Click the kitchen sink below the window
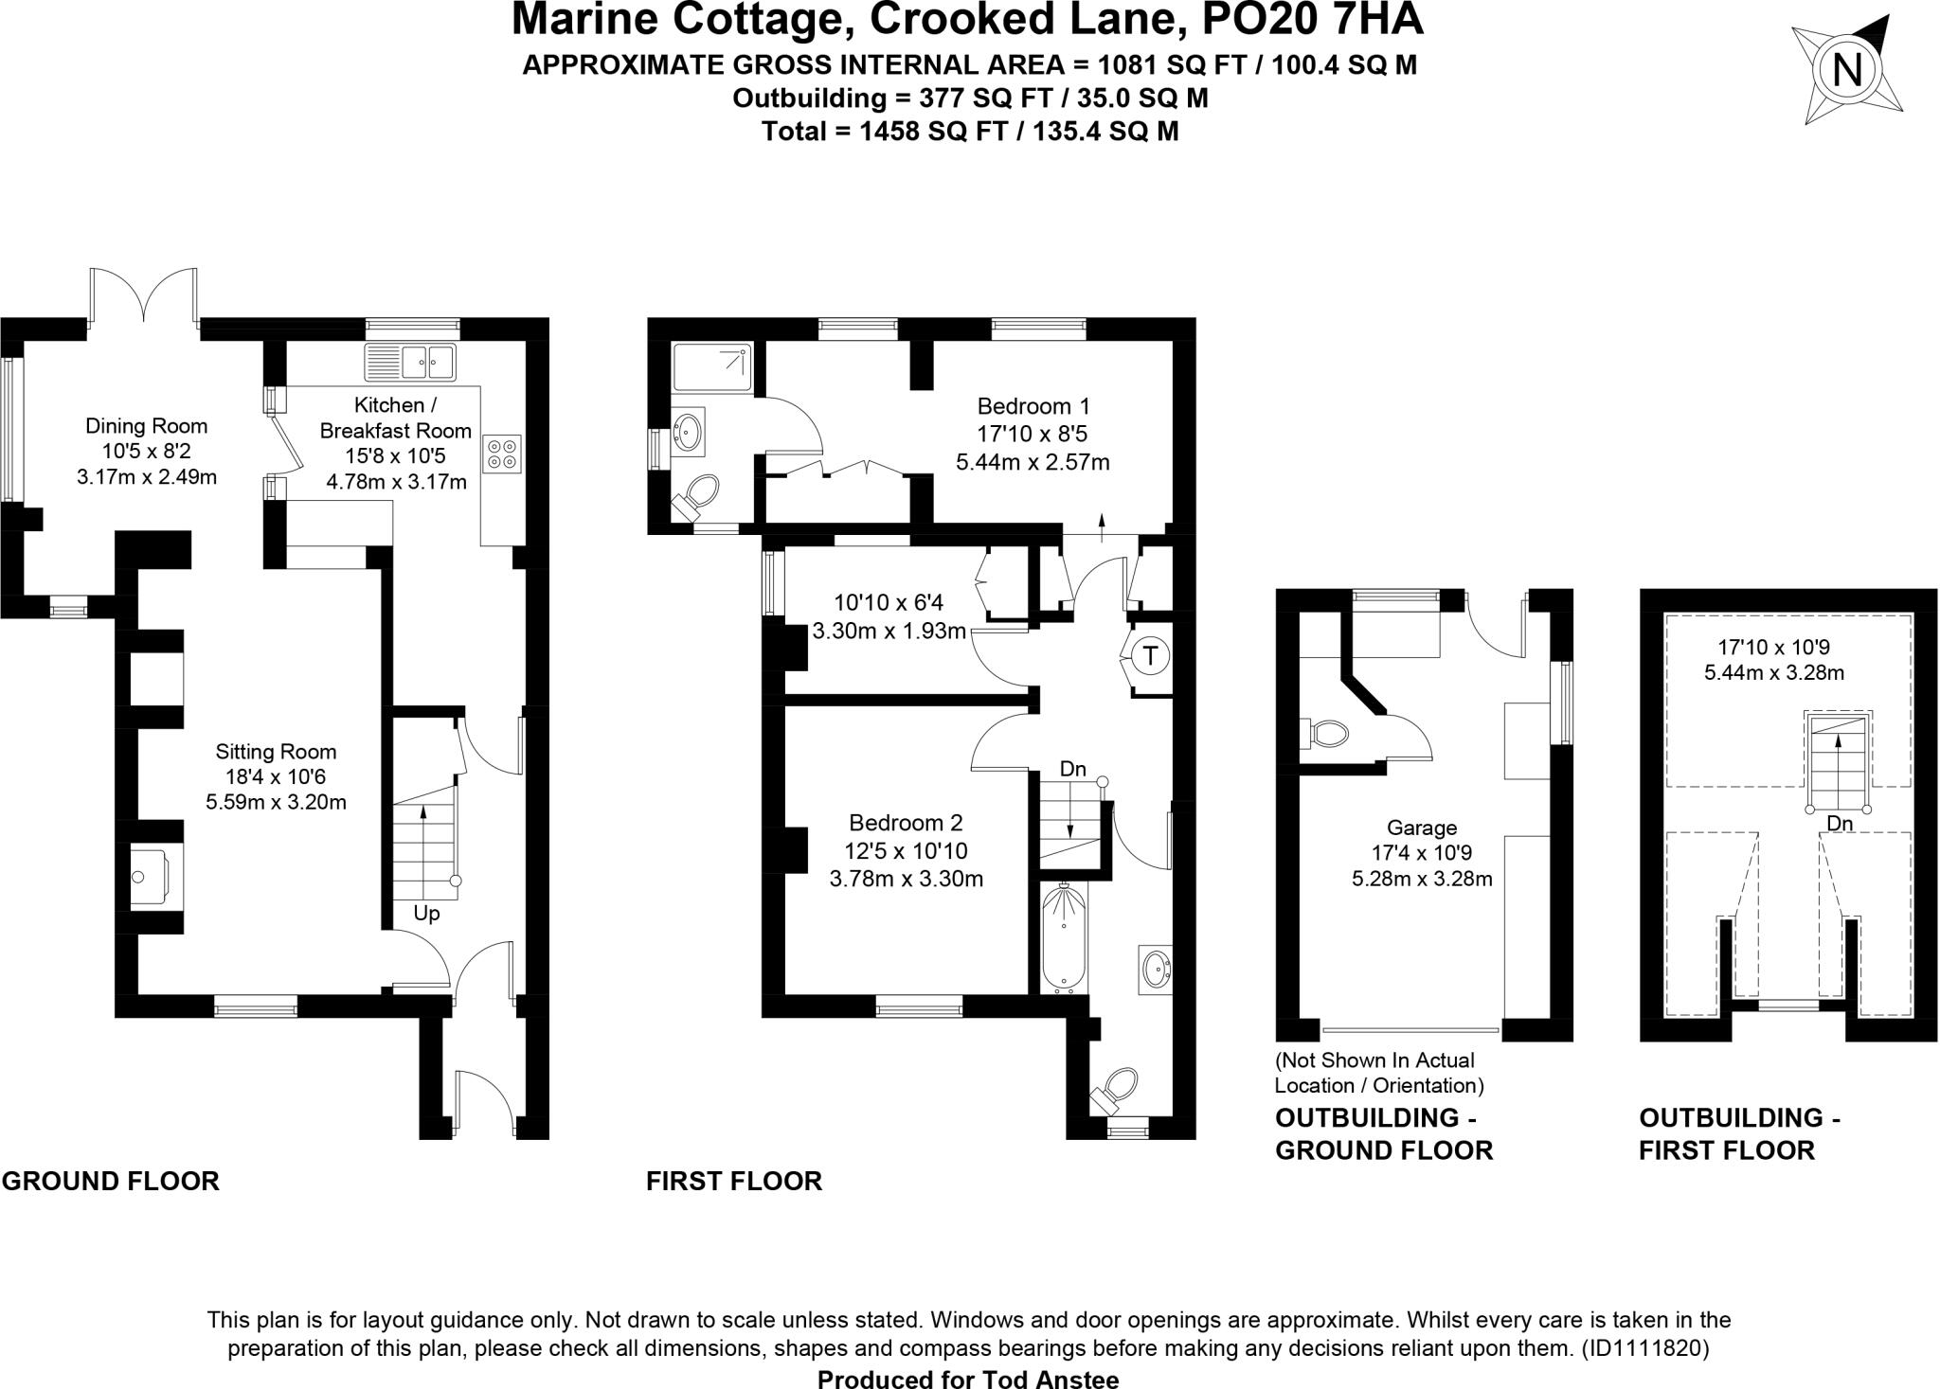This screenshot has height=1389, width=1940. [x=410, y=361]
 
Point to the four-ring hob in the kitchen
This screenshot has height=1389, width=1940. [x=502, y=454]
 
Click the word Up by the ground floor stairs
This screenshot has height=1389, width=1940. [x=426, y=914]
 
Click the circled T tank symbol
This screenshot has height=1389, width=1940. [x=1150, y=655]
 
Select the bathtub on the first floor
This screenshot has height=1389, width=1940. [x=1064, y=937]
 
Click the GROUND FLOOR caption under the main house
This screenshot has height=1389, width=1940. [x=111, y=1182]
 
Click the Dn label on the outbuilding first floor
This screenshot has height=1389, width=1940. [x=1839, y=824]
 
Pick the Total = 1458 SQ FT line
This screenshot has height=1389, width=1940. [x=970, y=131]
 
